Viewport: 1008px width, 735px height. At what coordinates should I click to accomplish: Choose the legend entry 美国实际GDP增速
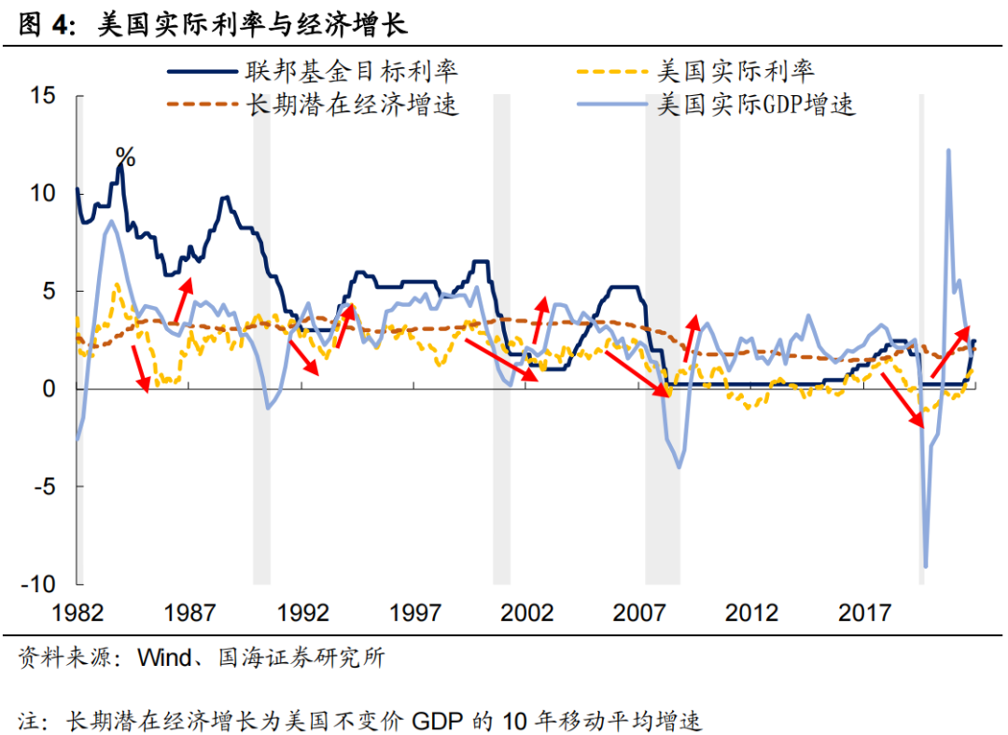(756, 104)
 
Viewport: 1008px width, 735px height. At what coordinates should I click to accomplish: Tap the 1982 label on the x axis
(77, 613)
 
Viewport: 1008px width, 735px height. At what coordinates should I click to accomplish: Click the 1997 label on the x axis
(415, 613)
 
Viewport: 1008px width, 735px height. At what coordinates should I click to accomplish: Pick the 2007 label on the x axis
(640, 613)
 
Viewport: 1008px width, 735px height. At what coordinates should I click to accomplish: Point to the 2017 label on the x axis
(865, 613)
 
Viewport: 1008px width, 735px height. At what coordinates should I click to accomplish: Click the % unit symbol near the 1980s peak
(125, 159)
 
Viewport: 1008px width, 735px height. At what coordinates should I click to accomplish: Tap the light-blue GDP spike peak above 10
(948, 150)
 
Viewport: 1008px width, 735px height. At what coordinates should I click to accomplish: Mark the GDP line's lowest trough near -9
(925, 565)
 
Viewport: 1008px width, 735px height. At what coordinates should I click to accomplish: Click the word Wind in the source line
(165, 659)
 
